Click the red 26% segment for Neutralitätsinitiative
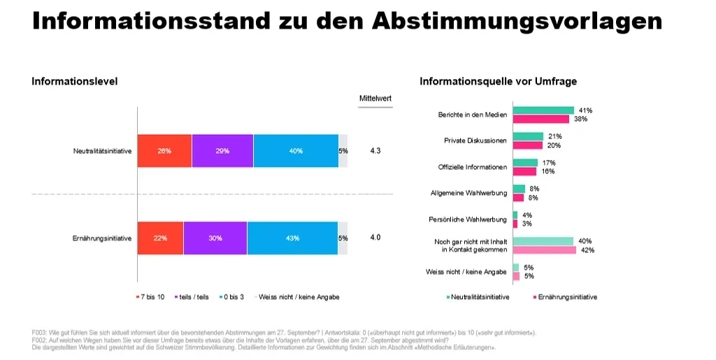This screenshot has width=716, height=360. coord(164,151)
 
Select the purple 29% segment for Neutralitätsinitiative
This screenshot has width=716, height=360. coord(222,151)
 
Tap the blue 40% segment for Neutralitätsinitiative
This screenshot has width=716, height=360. coord(296,151)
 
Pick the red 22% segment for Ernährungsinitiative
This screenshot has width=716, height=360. coord(160,238)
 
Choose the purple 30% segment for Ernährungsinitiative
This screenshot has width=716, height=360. coord(215,238)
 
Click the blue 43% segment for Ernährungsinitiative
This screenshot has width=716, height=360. coord(292,238)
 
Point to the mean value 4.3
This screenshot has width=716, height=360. coord(375,150)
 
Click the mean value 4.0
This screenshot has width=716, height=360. coord(375,237)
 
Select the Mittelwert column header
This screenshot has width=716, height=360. coord(375,98)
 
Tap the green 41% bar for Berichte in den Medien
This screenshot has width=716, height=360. coord(543,110)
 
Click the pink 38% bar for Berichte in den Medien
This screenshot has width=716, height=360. coord(541,119)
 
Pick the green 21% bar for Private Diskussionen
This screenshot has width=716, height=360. coord(529,136)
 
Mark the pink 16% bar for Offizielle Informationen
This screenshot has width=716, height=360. coord(524,171)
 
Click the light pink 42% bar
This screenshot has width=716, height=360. coord(545,250)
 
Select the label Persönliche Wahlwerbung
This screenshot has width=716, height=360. coord(468,219)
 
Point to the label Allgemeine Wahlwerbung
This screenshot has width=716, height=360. coord(468,193)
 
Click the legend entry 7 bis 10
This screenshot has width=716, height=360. coord(150,297)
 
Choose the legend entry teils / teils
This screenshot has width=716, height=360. coord(192,297)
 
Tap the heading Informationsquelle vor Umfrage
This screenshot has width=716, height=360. coord(498,81)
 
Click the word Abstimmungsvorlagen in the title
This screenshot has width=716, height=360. coord(517,21)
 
